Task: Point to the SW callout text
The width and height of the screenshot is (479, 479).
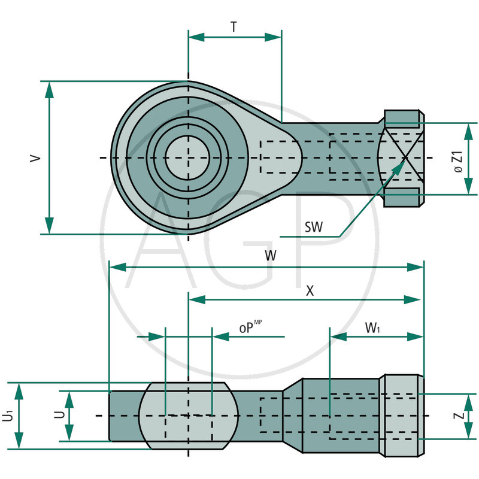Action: point(313,227)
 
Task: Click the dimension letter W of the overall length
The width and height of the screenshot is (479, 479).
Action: point(271,256)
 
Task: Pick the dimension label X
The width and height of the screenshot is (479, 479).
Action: point(310,290)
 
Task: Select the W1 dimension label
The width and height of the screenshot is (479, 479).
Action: point(373,328)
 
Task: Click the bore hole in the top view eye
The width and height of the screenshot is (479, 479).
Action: point(187,157)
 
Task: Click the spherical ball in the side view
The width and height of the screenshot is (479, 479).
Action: point(188,415)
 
